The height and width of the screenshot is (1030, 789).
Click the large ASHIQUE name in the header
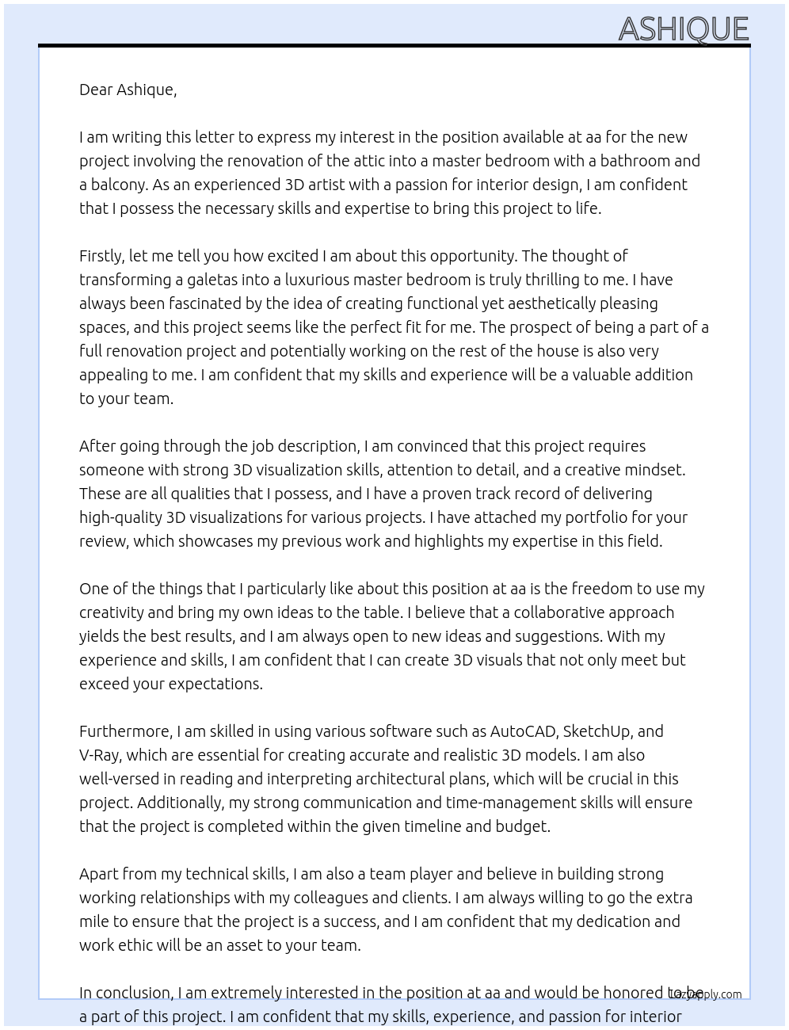pos(683,29)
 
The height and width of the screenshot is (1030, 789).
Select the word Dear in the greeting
pos(96,90)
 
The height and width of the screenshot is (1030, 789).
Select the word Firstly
pos(101,256)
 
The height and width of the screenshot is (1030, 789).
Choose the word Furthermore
pos(125,731)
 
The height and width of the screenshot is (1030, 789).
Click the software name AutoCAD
pos(523,731)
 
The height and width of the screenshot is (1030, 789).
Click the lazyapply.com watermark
pos(706,994)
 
